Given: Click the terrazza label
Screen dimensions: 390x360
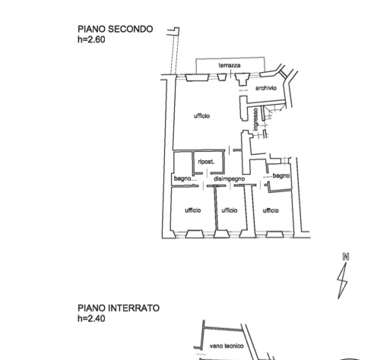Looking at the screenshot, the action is pos(230,65).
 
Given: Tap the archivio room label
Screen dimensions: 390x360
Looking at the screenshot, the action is pos(266,88).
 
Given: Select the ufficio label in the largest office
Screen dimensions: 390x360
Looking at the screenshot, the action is pos(201,115).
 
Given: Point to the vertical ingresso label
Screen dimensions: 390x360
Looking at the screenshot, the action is pos(255,119).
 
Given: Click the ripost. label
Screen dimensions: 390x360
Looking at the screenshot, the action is pos(206,162).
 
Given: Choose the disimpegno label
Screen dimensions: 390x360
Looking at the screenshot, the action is pos(229,178).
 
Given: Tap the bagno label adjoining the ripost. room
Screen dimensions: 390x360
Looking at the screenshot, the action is pos(182,178).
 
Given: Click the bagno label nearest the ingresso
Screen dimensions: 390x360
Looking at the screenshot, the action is pos(281,175).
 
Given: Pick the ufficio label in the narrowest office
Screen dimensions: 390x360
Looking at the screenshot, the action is pos(230,210).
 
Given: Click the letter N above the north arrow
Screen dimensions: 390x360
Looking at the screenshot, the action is pos(346,257).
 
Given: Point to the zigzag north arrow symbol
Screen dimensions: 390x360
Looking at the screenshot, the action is pos(342,281).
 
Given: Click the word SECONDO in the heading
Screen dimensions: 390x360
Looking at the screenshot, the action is pos(131,29).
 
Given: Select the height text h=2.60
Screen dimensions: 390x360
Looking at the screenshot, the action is pos(91,39).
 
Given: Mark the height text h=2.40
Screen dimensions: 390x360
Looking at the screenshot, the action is pos(91,318).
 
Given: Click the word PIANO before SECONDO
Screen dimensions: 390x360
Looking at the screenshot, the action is pos(91,29).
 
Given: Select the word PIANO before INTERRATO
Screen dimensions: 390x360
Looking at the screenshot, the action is pos(91,308).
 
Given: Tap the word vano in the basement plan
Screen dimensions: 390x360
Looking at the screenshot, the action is pos(216,346).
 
